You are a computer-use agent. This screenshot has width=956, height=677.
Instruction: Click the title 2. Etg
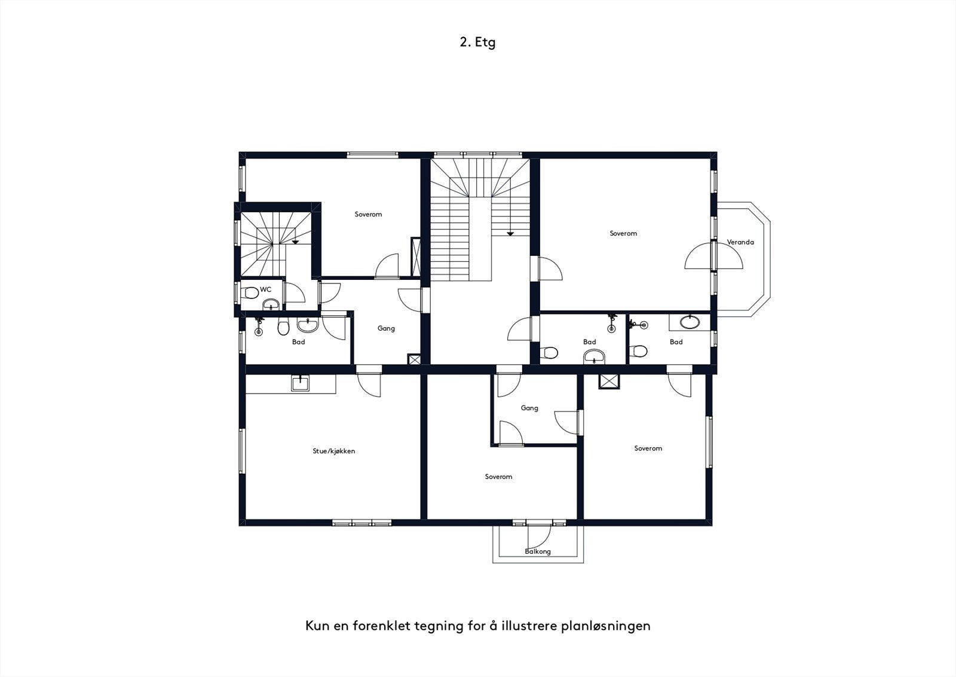[x=477, y=42]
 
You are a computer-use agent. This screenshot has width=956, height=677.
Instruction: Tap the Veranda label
[x=740, y=242]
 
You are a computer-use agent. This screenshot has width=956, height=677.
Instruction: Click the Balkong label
[x=538, y=551]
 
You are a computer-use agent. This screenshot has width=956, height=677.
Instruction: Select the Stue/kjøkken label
[x=334, y=451]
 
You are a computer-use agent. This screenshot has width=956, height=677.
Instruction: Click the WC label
[x=265, y=289]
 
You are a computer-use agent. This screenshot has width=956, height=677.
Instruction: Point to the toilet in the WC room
[x=250, y=293]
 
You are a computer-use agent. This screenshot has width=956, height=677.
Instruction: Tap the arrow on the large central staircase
[x=510, y=234]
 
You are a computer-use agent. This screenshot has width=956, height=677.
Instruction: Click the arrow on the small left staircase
[x=295, y=242]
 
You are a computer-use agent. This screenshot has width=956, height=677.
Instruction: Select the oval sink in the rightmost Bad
[x=690, y=322]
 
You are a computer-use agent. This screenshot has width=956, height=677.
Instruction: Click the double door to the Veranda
[x=713, y=256]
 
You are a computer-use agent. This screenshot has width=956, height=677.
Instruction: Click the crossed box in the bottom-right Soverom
[x=609, y=382]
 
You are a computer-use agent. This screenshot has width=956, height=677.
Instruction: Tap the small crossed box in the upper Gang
[x=415, y=359]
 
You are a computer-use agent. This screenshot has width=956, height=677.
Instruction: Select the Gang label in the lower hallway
[x=529, y=408]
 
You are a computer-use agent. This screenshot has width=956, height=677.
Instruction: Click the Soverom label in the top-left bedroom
[x=368, y=215]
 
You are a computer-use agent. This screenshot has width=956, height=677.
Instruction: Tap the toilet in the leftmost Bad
[x=283, y=327]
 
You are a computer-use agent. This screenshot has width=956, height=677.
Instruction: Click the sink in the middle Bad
[x=594, y=356]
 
